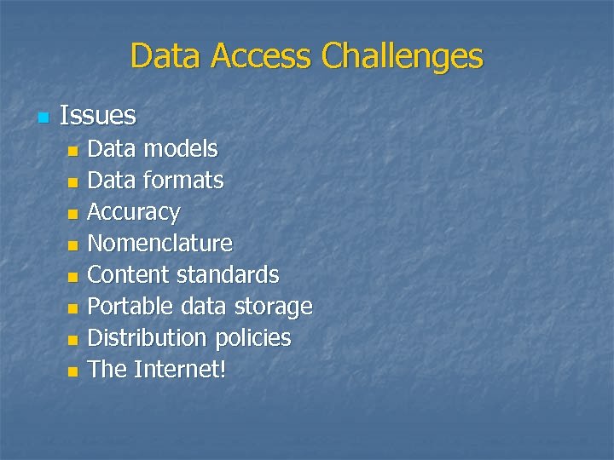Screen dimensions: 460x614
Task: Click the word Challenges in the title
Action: click(402, 57)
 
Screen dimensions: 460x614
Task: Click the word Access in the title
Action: click(263, 57)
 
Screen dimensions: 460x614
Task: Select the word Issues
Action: click(98, 115)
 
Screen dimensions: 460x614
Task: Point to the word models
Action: click(180, 149)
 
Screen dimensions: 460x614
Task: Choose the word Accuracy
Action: click(134, 212)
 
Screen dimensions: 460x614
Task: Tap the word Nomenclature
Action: click(159, 244)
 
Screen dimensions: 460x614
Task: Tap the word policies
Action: click(252, 338)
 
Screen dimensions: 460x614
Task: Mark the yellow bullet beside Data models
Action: click(72, 151)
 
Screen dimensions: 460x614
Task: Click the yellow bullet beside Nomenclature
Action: click(72, 245)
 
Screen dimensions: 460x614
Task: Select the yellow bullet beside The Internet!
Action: click(72, 371)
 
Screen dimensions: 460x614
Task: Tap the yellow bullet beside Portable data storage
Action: click(72, 308)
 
